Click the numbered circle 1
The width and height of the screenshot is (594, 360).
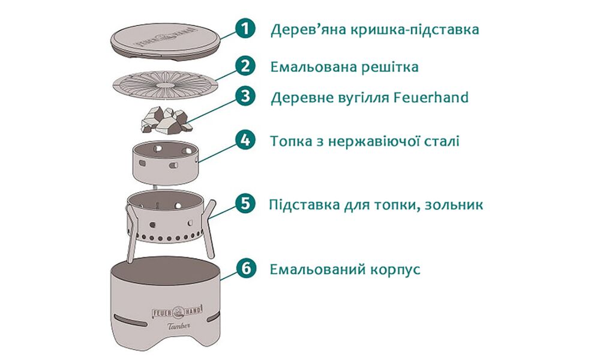[245, 28]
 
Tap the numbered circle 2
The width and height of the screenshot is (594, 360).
[245, 65]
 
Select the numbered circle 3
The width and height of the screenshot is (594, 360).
[245, 97]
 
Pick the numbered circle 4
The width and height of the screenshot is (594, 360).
[245, 140]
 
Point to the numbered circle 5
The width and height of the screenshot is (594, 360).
[245, 203]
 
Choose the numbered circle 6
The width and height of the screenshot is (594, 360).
[245, 268]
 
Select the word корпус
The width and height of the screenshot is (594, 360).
[392, 269]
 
